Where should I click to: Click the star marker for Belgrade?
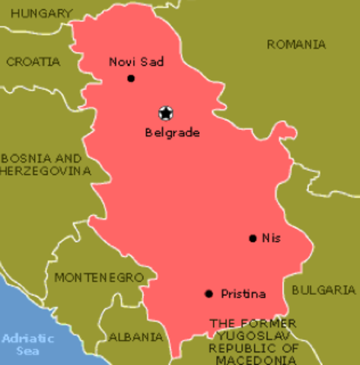click(165, 113)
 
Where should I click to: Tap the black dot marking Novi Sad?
click(131, 78)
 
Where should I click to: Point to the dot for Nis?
click(252, 238)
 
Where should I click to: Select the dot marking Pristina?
click(209, 294)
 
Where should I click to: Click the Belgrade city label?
click(172, 132)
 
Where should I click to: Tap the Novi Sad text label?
click(136, 62)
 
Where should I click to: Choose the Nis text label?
click(271, 238)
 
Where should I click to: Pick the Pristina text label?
click(243, 294)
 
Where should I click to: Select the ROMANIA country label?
click(296, 45)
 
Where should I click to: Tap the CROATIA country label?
click(33, 62)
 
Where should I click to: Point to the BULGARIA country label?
click(323, 290)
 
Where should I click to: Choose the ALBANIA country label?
click(135, 336)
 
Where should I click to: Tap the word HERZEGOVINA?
click(46, 171)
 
